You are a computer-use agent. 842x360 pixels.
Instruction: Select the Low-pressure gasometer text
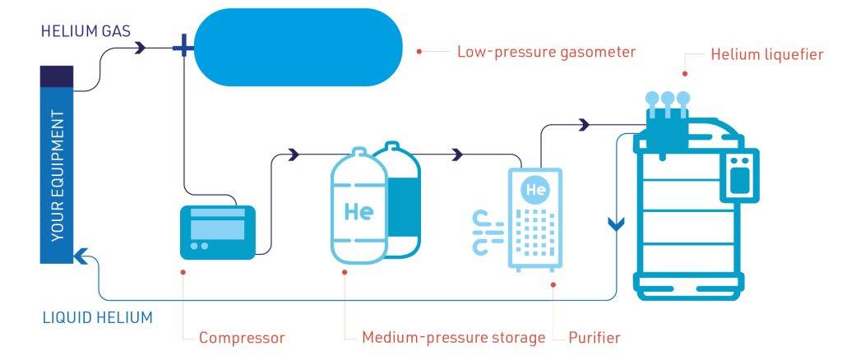pos(546,52)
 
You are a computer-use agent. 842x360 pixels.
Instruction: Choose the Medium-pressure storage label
pos(454,337)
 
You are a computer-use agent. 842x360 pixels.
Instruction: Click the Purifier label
pos(594,337)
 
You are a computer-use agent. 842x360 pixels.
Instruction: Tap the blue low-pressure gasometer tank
pos(298,48)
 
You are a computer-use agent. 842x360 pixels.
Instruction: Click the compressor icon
pos(218,232)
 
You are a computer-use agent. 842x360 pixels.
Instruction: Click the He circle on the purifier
pos(536,190)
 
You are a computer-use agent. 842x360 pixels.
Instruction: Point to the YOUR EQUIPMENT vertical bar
pos(57,164)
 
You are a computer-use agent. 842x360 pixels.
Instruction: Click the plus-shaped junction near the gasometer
pos(183,48)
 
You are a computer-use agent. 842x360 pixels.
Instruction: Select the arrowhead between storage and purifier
pos(457,155)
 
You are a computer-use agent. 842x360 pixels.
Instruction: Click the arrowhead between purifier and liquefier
pos(584,125)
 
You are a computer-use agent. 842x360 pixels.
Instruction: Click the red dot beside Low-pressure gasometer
pos(419,52)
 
